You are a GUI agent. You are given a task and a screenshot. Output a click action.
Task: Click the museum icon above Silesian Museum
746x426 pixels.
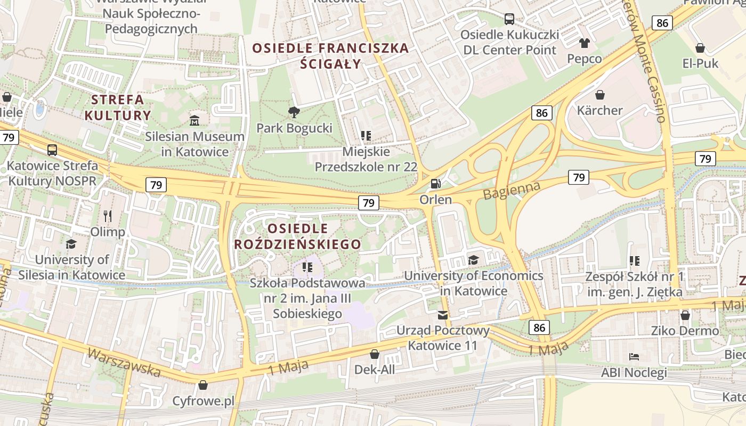click(x=194, y=120)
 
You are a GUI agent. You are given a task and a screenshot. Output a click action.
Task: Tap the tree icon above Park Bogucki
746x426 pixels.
click(x=294, y=112)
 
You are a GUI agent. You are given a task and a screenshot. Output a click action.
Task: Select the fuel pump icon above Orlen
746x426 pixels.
click(x=435, y=184)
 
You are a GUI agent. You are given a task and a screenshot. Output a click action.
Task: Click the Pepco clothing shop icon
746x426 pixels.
click(x=585, y=43)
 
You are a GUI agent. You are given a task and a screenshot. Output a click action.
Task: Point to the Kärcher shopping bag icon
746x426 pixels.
click(x=600, y=95)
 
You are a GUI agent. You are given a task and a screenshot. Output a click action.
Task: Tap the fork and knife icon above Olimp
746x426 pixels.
click(x=108, y=216)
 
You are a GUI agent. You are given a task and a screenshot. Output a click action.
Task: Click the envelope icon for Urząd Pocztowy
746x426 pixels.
click(x=443, y=315)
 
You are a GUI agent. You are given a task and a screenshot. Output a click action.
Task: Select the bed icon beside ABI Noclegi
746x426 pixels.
click(x=634, y=356)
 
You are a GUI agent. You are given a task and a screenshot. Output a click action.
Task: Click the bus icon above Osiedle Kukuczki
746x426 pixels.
click(x=509, y=19)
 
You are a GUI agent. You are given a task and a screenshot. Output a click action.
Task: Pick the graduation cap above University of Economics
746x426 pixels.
click(x=473, y=260)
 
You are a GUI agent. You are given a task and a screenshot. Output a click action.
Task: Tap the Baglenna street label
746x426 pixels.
click(x=512, y=190)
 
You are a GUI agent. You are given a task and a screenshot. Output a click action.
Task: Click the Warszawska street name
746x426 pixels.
click(x=124, y=362)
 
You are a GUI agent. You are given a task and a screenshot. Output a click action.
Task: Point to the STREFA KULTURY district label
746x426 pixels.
click(x=118, y=107)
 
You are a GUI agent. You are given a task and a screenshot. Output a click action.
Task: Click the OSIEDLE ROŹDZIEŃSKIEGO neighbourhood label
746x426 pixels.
click(x=298, y=236)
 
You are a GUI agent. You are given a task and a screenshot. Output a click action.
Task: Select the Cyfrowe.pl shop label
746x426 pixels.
click(x=203, y=401)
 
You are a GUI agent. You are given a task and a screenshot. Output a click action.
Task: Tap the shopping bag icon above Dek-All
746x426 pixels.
click(x=375, y=354)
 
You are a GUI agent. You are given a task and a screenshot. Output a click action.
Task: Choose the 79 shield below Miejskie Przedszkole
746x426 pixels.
click(x=369, y=202)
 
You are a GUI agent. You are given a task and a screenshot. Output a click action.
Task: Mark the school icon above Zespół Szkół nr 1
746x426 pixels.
click(x=634, y=261)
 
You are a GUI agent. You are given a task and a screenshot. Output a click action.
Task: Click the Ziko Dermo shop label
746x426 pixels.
click(x=685, y=331)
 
